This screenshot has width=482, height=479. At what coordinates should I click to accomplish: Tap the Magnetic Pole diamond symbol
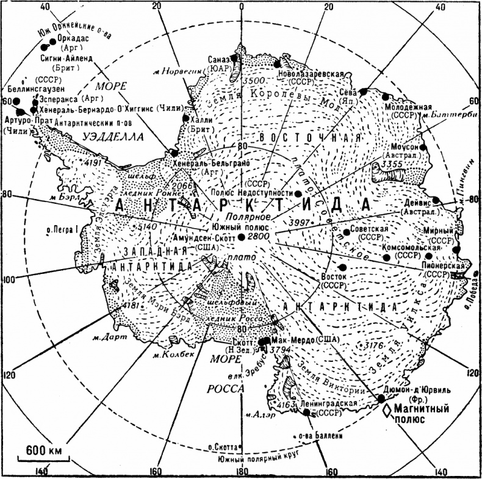click(386, 412)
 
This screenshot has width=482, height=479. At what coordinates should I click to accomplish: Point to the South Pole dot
click(242, 237)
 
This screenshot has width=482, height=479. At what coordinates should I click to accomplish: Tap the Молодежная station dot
click(385, 96)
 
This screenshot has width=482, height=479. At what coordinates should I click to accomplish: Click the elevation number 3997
click(300, 220)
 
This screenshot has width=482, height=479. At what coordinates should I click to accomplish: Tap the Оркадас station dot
click(44, 46)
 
